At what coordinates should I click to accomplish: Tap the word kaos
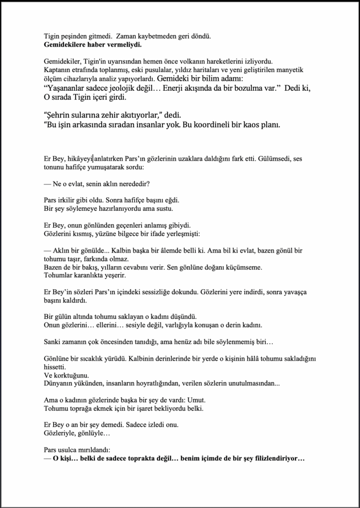coord(245,125)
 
